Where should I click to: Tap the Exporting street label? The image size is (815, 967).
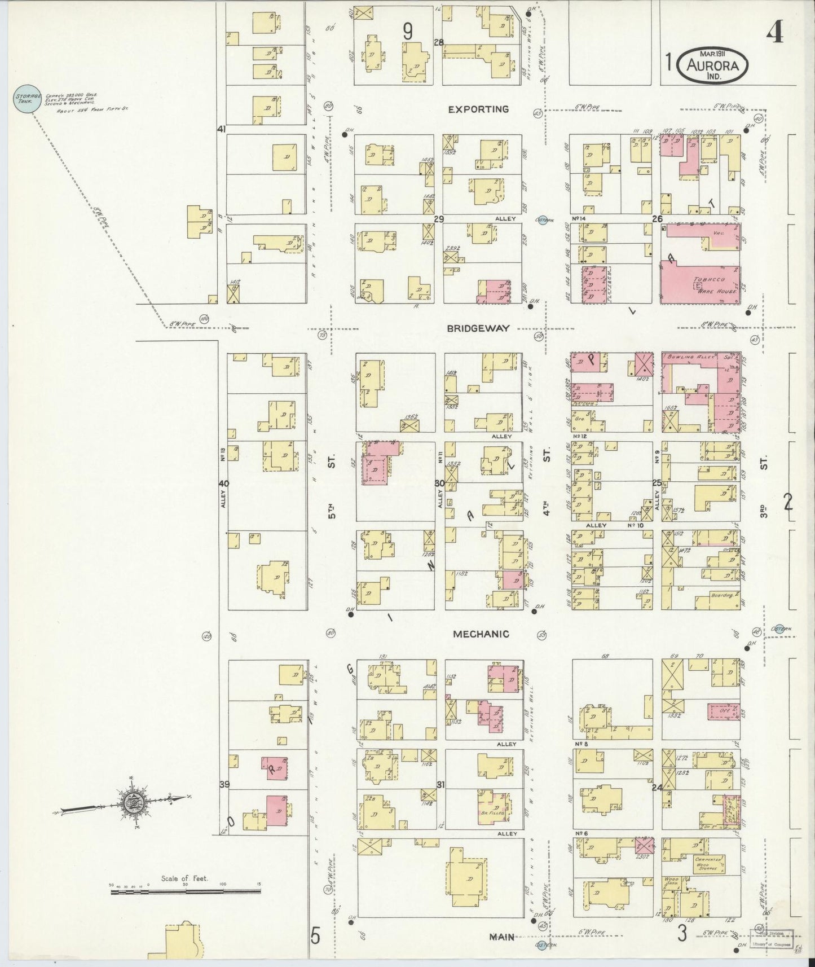coord(478,109)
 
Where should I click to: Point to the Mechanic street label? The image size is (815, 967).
coord(481,634)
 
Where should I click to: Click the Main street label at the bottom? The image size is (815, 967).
coord(501,937)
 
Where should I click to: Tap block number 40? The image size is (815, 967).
coord(224,483)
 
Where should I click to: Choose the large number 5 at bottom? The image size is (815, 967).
coord(315,936)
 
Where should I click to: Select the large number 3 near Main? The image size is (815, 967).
coord(682,934)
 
